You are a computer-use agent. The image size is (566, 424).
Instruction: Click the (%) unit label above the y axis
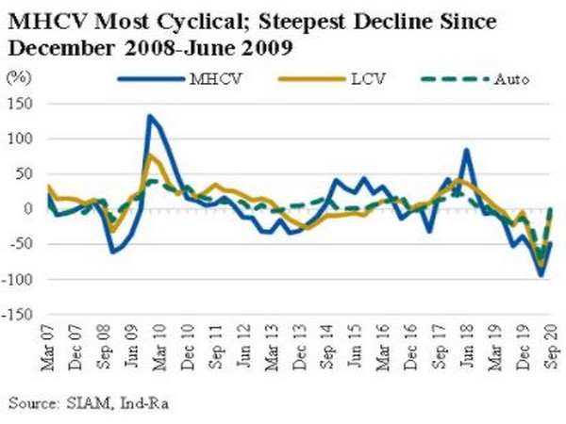(x=18, y=79)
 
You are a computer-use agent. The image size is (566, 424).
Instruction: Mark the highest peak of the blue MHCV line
(x=149, y=116)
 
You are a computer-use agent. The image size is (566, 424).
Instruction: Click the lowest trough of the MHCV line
(x=541, y=275)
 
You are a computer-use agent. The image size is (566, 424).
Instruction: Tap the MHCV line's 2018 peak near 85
(x=466, y=150)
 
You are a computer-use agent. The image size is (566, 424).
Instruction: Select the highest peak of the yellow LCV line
(x=150, y=155)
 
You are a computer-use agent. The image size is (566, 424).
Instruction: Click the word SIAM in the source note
(x=83, y=403)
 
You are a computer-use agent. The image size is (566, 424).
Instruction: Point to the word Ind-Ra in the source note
(x=131, y=403)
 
